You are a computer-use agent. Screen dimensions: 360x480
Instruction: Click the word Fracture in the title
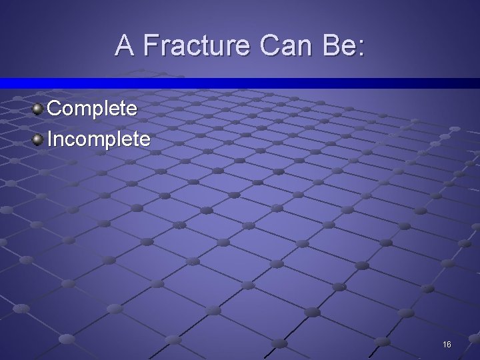[196, 45]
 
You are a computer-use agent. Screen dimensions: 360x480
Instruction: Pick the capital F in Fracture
[150, 45]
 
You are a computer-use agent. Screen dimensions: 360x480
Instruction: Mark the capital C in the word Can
[269, 45]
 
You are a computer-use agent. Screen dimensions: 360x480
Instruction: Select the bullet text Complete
[92, 108]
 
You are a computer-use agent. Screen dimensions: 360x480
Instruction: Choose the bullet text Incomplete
[99, 139]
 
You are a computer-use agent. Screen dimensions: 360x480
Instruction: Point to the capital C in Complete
[54, 108]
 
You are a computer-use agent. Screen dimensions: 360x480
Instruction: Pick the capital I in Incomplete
[49, 139]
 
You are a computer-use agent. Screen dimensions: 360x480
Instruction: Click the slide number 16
[447, 344]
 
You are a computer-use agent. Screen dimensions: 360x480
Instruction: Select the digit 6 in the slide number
[449, 344]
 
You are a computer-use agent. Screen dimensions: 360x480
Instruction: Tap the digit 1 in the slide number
[444, 344]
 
